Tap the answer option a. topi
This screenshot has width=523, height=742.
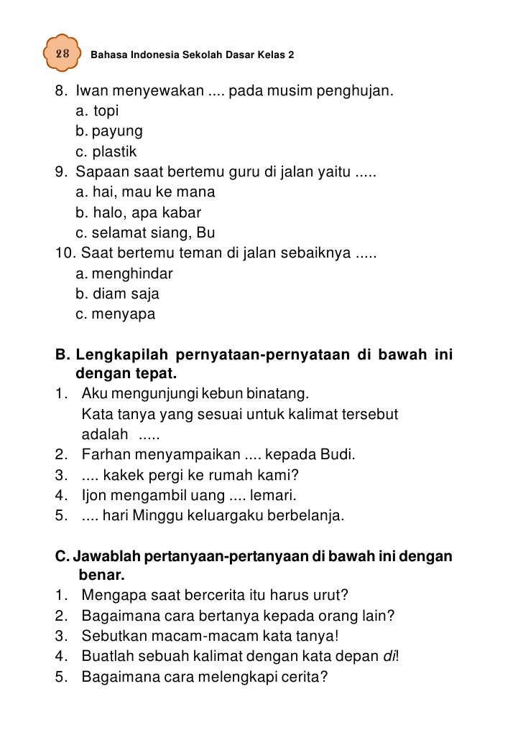pyautogui.click(x=97, y=112)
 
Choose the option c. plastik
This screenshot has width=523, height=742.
pyautogui.click(x=106, y=151)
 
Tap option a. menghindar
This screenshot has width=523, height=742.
pyautogui.click(x=124, y=274)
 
